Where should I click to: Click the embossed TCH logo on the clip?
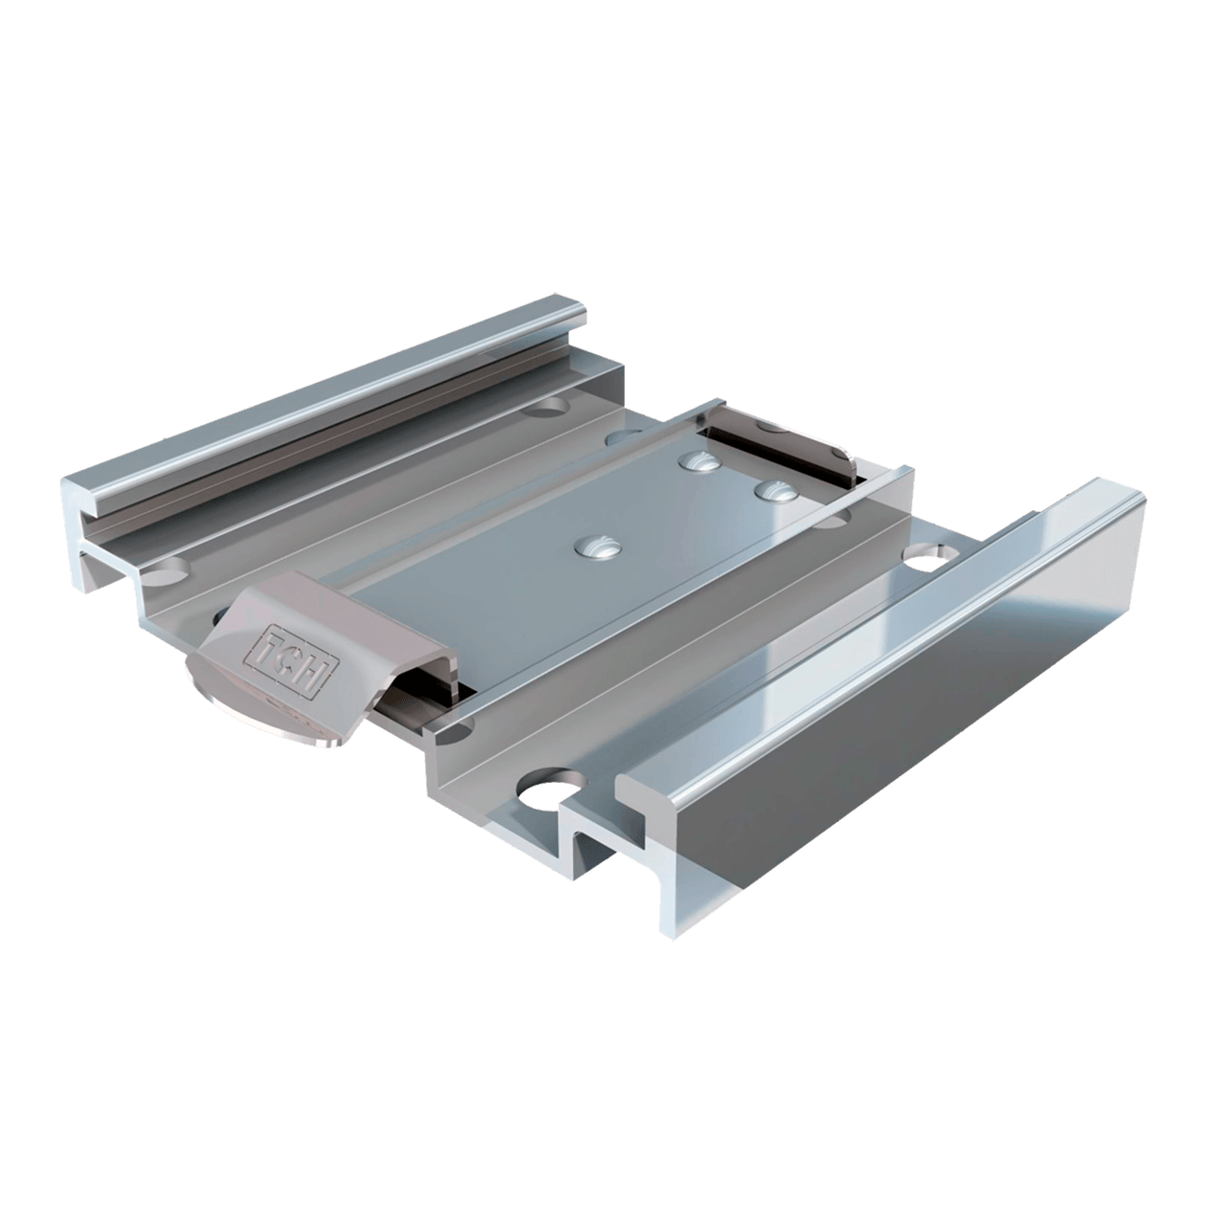[289, 656]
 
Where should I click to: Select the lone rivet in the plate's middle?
[596, 546]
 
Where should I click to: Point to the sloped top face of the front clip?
[287, 612]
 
